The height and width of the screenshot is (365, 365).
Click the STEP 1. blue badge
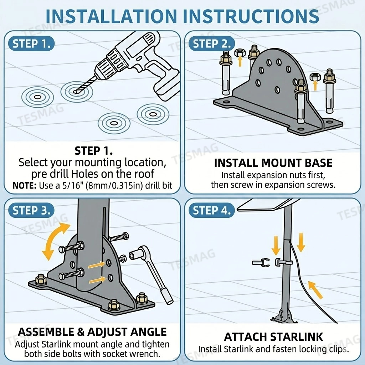[x=31, y=43]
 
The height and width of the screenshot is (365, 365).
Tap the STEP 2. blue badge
[x=212, y=43]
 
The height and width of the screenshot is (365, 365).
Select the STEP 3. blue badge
[x=31, y=210]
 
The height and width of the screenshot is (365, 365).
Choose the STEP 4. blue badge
[x=212, y=210]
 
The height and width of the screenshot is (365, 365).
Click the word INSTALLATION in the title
[x=111, y=16]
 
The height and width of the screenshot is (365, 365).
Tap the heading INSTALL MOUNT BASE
[x=273, y=163]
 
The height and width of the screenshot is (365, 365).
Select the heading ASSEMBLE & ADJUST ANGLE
[x=92, y=332]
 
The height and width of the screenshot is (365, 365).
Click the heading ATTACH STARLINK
[x=273, y=337]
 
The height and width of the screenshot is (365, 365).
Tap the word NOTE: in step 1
[x=25, y=186]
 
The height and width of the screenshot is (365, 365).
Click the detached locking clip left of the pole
[x=261, y=263]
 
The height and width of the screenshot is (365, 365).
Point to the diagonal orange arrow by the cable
[x=316, y=290]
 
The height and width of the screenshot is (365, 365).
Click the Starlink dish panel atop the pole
[x=268, y=205]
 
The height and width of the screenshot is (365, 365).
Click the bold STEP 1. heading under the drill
[x=94, y=151]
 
